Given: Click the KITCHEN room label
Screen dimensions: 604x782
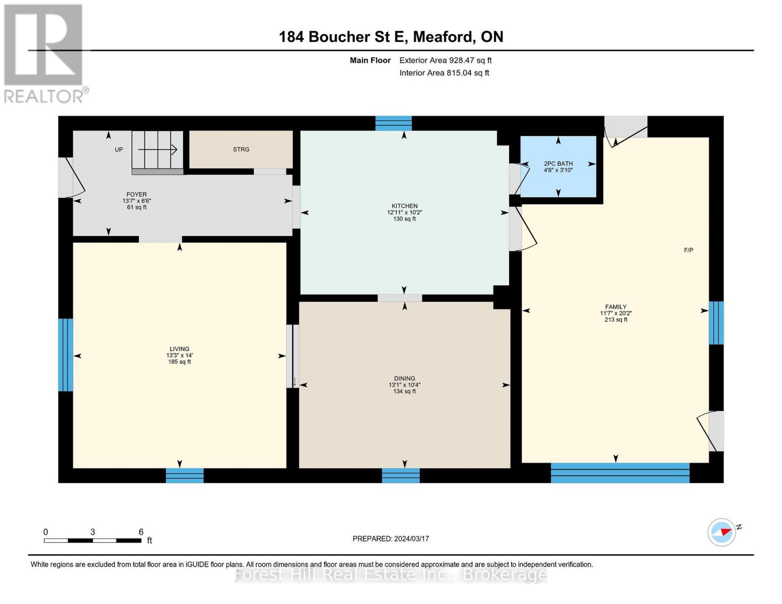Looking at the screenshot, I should [x=404, y=206].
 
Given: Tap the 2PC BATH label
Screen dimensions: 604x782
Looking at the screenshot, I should [x=558, y=164].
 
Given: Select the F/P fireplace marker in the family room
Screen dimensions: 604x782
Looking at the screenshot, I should [x=688, y=250].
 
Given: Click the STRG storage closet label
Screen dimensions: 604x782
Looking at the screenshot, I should [x=241, y=149].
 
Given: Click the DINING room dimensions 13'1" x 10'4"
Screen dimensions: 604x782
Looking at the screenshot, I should [x=404, y=385].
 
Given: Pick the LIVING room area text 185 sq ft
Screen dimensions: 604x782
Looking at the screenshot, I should [x=179, y=362].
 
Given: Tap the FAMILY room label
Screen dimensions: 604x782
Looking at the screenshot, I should [x=615, y=307].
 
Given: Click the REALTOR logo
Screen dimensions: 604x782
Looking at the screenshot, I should [x=44, y=53].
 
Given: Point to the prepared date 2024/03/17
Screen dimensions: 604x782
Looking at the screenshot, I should [x=390, y=539].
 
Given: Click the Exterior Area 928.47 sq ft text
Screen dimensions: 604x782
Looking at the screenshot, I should [x=445, y=60].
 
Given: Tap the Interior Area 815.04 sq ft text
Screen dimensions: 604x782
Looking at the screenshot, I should [x=444, y=73].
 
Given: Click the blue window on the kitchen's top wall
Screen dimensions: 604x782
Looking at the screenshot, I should [x=393, y=123].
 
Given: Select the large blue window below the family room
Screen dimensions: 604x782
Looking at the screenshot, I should [x=619, y=473].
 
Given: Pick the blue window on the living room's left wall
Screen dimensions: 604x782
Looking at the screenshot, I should [x=65, y=355].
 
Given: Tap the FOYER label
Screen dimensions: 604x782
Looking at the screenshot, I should [x=136, y=194].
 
